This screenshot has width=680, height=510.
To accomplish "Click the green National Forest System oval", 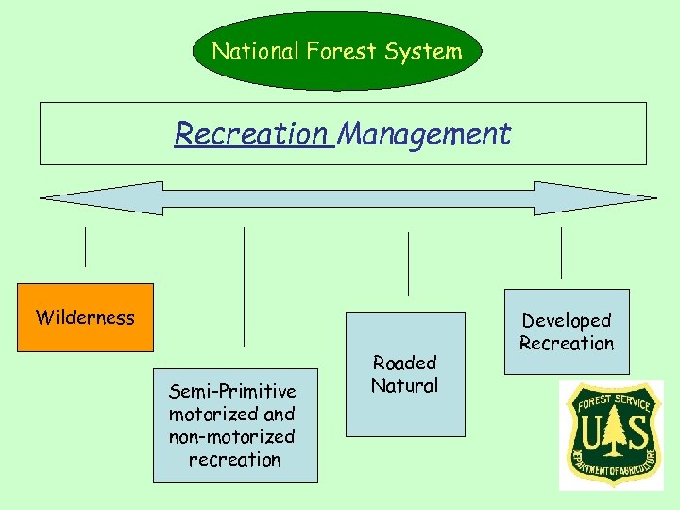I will [337, 51].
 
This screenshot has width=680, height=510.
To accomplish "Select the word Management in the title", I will [424, 134].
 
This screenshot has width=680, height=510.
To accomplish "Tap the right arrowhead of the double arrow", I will [604, 198].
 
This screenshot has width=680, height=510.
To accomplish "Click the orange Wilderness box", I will [85, 317].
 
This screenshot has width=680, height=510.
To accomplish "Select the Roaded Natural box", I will [405, 374].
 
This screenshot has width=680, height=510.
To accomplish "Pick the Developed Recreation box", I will [567, 331].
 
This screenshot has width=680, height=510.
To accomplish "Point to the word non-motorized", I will [232, 436].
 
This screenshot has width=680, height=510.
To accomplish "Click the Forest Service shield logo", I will [611, 435].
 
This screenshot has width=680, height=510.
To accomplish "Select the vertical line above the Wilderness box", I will [86, 246].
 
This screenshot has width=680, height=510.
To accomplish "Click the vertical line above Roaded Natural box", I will [408, 263].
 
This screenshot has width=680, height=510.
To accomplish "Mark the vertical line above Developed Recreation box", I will [561, 252].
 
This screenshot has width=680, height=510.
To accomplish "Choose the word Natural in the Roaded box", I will [405, 385].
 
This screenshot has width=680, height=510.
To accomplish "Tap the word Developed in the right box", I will [567, 320].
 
